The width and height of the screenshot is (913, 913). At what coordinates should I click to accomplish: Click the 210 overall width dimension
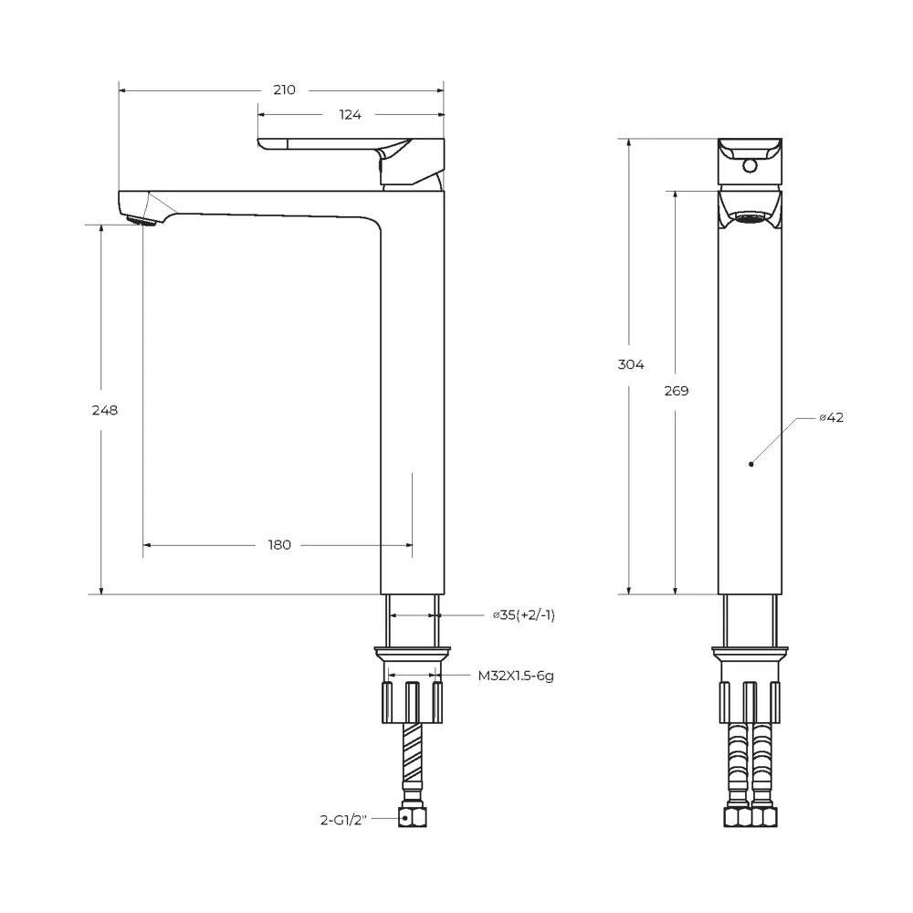pyautogui.click(x=284, y=89)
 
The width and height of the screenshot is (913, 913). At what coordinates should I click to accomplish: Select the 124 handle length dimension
pyautogui.click(x=351, y=115)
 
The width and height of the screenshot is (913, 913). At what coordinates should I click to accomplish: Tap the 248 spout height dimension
pyautogui.click(x=106, y=410)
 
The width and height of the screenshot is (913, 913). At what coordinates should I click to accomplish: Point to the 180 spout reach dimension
pyautogui.click(x=279, y=545)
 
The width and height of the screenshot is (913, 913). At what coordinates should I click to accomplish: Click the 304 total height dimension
pyautogui.click(x=631, y=364)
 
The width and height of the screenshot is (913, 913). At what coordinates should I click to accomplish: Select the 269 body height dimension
pyautogui.click(x=677, y=391)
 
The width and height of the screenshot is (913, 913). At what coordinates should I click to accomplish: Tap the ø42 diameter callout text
pyautogui.click(x=831, y=417)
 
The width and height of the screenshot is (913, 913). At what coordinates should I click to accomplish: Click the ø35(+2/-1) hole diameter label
pyautogui.click(x=523, y=615)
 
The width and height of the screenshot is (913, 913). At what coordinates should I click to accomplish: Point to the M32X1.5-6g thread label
pyautogui.click(x=516, y=677)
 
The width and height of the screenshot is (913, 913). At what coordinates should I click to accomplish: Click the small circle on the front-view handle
pyautogui.click(x=750, y=166)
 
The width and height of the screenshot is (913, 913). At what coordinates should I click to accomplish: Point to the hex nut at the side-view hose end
pyautogui.click(x=413, y=818)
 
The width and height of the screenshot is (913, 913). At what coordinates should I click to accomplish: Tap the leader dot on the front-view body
pyautogui.click(x=750, y=464)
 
